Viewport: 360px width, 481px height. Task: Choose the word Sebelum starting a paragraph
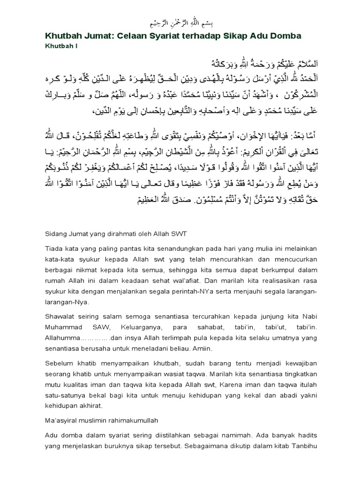(60, 364)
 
